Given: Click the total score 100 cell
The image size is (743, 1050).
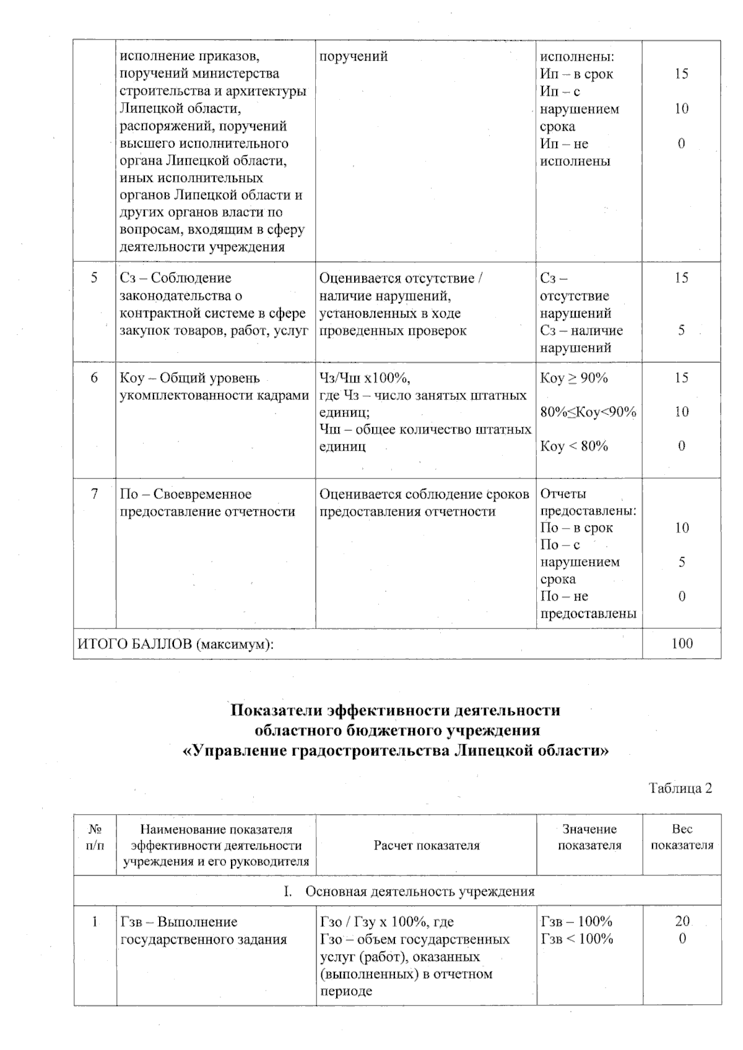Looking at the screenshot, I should pyautogui.click(x=682, y=643).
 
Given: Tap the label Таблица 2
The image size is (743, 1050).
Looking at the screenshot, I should pyautogui.click(x=680, y=788).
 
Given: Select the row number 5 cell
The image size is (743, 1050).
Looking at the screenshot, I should pyautogui.click(x=94, y=278).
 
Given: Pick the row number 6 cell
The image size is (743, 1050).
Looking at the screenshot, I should pyautogui.click(x=94, y=378).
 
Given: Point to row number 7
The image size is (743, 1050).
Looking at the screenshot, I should pyautogui.click(x=94, y=494).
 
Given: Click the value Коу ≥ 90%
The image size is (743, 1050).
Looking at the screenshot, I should pyautogui.click(x=574, y=378).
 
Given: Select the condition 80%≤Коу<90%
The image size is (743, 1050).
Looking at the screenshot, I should pyautogui.click(x=588, y=412).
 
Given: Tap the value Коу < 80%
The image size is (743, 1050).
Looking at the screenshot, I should pyautogui.click(x=574, y=446).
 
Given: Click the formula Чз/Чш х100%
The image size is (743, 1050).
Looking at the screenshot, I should pyautogui.click(x=365, y=378).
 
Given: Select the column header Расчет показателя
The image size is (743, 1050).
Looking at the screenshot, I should pyautogui.click(x=426, y=845).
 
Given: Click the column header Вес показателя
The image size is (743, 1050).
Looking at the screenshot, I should pyautogui.click(x=682, y=837).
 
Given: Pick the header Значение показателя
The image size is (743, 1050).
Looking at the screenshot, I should pyautogui.click(x=589, y=837).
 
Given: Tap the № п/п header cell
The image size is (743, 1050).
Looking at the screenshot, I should pyautogui.click(x=95, y=837).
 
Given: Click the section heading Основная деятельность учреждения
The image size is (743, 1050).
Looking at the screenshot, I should pyautogui.click(x=420, y=892).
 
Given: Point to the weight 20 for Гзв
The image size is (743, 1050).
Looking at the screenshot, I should pyautogui.click(x=682, y=921).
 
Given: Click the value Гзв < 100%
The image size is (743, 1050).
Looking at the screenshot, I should pyautogui.click(x=576, y=939).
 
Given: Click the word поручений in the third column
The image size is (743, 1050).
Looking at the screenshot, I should pyautogui.click(x=354, y=56).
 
